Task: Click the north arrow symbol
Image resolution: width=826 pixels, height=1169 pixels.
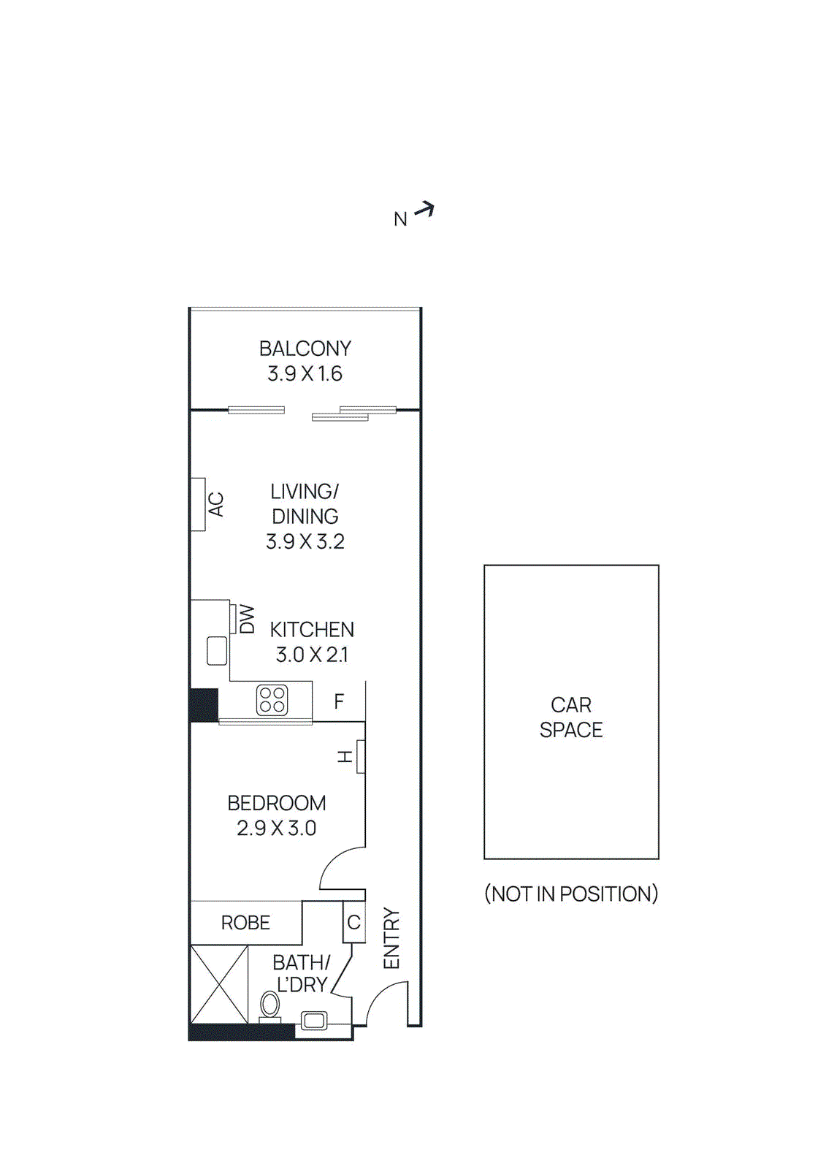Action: [x=424, y=211]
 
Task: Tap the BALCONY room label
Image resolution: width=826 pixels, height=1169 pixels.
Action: [x=305, y=349]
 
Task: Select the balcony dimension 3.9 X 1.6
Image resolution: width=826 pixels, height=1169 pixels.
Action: [x=305, y=374]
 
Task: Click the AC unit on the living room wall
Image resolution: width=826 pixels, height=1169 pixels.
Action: [x=199, y=504]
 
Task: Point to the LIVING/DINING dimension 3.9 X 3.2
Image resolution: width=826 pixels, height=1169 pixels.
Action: [x=305, y=541]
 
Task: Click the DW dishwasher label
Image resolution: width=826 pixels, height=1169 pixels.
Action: [x=248, y=619]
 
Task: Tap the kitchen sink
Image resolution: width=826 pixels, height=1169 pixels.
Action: [x=217, y=650]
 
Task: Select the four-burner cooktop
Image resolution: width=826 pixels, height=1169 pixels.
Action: [x=272, y=700]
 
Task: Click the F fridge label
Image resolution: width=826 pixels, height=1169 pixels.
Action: [x=339, y=702]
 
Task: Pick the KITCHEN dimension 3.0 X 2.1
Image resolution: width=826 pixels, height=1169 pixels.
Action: [x=312, y=655]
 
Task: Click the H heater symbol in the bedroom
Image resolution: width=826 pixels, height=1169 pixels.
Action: [x=360, y=756]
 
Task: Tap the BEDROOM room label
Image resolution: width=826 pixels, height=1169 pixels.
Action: [x=277, y=803]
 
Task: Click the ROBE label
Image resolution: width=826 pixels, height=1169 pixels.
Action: [x=245, y=923]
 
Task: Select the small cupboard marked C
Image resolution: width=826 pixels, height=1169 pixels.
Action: [x=353, y=922]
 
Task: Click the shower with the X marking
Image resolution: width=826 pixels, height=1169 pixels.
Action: [x=219, y=984]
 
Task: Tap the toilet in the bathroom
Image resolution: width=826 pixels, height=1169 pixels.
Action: [x=269, y=1007]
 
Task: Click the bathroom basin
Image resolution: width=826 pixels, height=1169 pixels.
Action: [x=315, y=1021]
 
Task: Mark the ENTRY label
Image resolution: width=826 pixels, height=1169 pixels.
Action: [x=391, y=939]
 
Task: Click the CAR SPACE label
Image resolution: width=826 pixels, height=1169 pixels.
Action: [x=571, y=717]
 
